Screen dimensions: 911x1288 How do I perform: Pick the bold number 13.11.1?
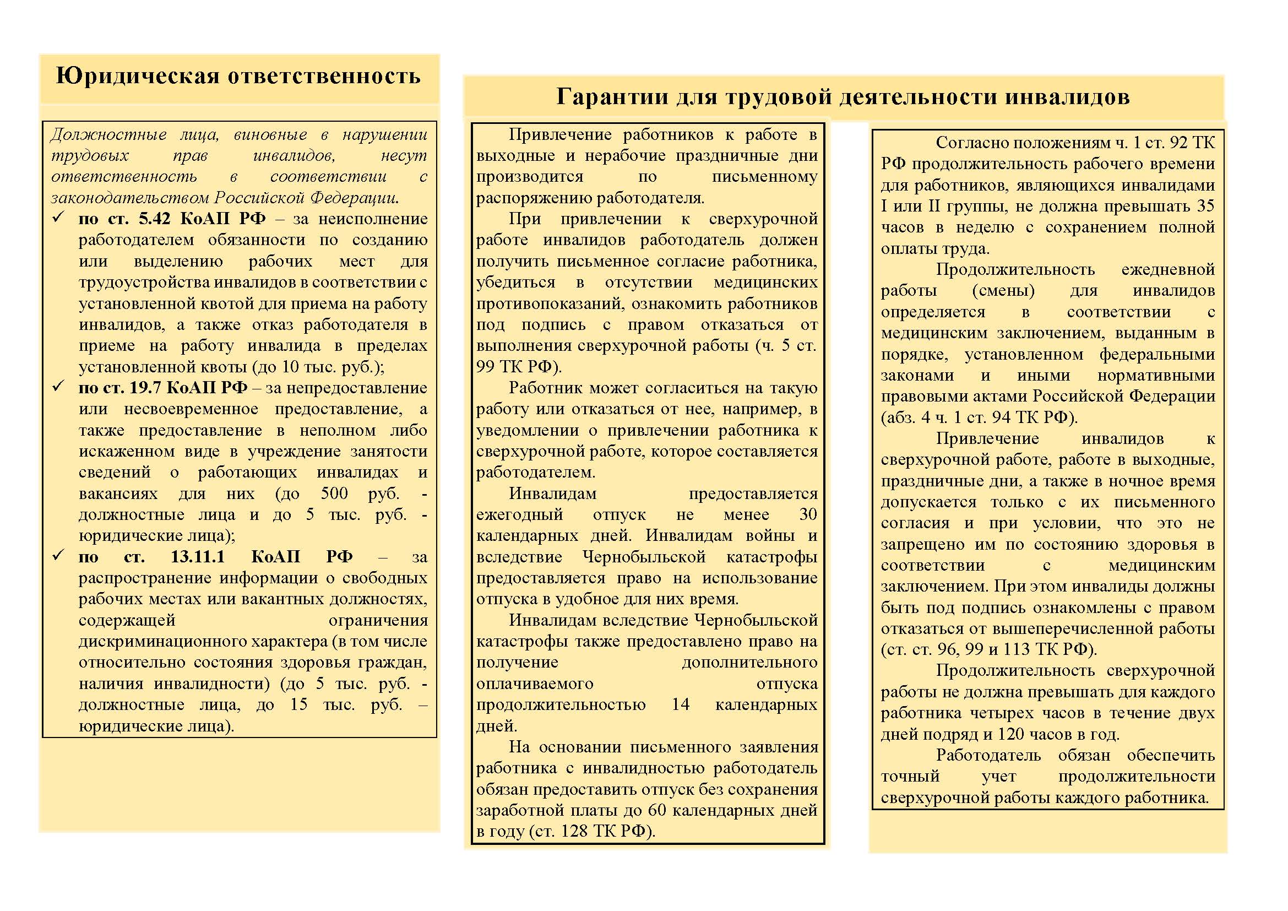[198, 556]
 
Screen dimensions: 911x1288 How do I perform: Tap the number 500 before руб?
[334, 493]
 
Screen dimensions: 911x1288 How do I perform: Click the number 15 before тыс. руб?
[298, 704]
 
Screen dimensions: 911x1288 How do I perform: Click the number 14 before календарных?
[681, 704]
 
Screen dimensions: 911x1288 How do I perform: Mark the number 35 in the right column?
[1205, 206]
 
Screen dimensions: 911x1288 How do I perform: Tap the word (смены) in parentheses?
[1003, 291]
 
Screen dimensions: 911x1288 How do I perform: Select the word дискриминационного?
[195, 641]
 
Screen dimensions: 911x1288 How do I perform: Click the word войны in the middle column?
[770, 535]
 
